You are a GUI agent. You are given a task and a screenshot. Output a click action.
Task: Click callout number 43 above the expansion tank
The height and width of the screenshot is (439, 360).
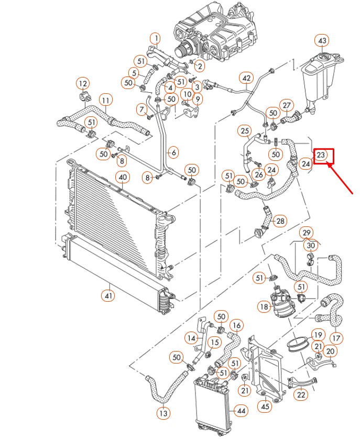click(322, 41)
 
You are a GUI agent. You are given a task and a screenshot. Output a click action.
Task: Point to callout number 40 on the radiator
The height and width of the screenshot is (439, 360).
click(122, 178)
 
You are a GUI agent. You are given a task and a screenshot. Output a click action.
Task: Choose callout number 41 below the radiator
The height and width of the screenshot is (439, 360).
click(108, 295)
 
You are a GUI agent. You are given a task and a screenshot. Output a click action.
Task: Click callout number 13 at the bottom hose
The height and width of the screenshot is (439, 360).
click(164, 413)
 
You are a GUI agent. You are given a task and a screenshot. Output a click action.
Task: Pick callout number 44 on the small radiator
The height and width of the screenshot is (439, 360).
click(241, 411)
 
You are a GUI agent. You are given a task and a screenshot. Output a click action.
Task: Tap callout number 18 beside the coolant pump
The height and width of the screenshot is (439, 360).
click(264, 305)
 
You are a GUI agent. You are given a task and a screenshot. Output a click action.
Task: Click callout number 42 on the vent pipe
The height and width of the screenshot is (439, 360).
click(246, 78)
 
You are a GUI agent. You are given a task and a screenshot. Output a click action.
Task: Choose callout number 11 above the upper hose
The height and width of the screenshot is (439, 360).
click(105, 100)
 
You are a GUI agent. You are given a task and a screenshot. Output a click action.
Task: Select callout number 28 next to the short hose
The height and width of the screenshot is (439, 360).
click(280, 221)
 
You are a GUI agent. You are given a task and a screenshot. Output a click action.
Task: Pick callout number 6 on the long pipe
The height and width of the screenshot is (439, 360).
click(173, 152)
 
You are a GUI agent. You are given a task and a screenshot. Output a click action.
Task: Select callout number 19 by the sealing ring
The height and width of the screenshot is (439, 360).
click(318, 334)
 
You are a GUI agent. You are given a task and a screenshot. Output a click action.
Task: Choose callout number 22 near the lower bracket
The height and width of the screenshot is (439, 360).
click(301, 395)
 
